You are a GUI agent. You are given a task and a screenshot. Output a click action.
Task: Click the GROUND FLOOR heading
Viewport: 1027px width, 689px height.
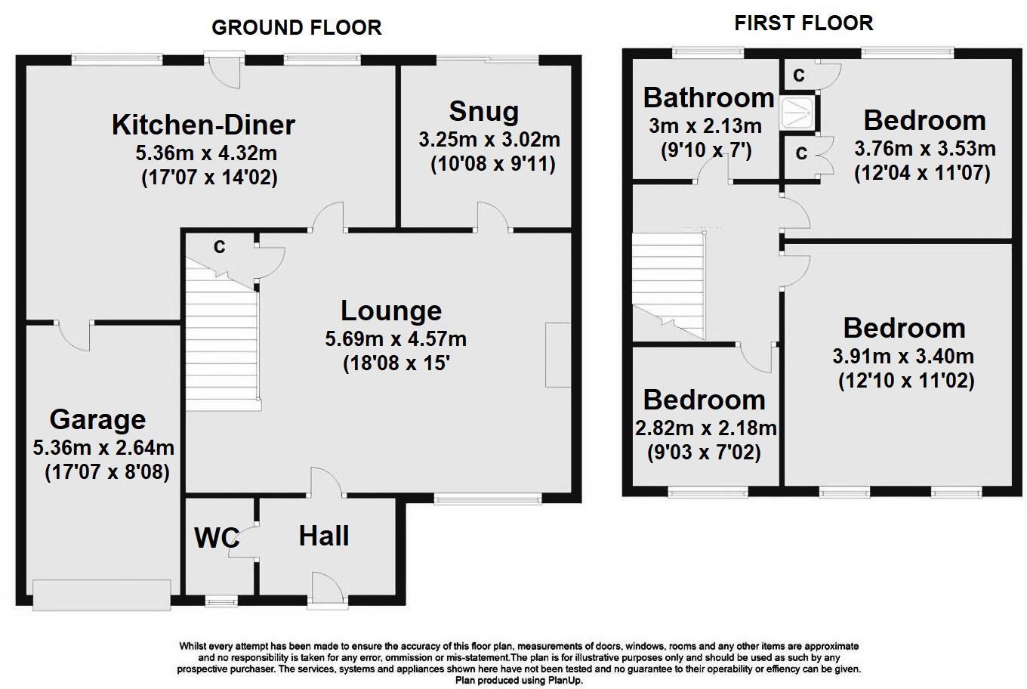click(x=296, y=27)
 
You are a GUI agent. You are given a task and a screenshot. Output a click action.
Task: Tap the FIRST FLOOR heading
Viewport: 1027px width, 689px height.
click(x=803, y=23)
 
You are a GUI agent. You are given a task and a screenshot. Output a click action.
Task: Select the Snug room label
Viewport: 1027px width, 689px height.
click(x=484, y=112)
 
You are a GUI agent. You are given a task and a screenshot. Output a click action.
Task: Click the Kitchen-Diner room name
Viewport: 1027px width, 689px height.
click(x=204, y=125)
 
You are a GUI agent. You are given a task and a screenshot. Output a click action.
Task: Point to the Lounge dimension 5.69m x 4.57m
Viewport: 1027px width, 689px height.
click(x=396, y=339)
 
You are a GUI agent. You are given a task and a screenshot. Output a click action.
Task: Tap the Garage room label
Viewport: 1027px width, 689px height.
click(x=97, y=420)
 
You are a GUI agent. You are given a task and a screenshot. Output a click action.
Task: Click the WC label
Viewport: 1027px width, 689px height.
click(x=217, y=538)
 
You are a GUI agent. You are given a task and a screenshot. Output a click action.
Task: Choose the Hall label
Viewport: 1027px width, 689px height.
click(x=324, y=536)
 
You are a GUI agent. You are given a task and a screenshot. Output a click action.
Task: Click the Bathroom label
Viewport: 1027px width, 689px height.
click(x=709, y=97)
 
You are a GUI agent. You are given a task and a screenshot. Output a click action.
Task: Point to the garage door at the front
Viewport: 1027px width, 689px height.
click(x=102, y=595)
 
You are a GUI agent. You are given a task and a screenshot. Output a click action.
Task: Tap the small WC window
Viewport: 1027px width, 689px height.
click(x=221, y=601)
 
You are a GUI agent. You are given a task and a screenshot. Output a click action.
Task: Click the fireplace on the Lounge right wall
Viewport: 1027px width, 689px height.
click(x=558, y=355)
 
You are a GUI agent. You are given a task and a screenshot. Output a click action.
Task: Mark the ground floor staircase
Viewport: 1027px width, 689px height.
click(x=221, y=335)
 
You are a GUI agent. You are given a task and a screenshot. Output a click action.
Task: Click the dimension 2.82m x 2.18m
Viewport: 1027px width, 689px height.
click(x=705, y=429)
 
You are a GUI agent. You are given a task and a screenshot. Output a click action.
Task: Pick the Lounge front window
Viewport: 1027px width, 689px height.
click(x=488, y=499)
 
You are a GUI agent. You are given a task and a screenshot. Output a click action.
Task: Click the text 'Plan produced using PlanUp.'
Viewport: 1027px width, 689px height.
click(x=519, y=681)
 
